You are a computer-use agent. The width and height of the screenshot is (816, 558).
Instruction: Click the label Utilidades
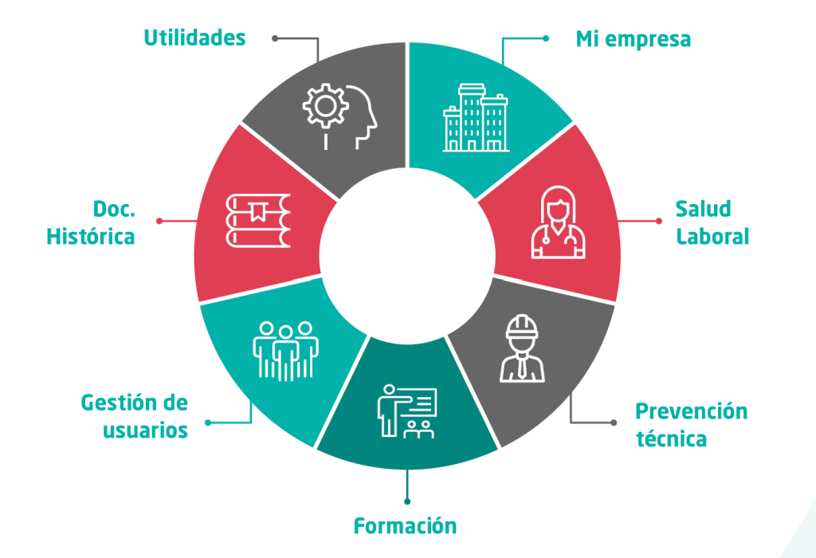pyautogui.click(x=194, y=37)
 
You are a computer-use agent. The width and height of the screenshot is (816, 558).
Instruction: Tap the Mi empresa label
pyautogui.click(x=633, y=38)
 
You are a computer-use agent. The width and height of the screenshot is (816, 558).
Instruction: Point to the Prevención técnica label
pyautogui.click(x=691, y=425)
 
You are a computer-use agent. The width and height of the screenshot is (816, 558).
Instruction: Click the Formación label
pyautogui.click(x=405, y=526)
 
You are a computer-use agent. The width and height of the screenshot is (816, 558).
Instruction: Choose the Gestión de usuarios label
pyautogui.click(x=135, y=416)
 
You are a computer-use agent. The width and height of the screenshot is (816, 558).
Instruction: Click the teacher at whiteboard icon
pyautogui.click(x=407, y=411)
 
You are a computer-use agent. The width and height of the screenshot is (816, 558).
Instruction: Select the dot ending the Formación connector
pyautogui.click(x=407, y=501)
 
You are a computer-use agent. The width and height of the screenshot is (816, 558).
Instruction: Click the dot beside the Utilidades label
pyautogui.click(x=275, y=37)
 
